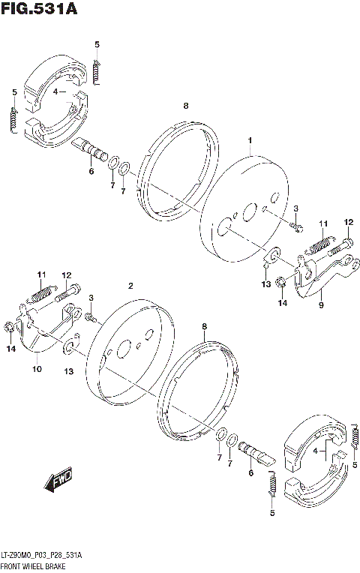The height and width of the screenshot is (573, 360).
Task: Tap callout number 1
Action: [250, 140]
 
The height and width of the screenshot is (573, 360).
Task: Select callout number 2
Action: [130, 286]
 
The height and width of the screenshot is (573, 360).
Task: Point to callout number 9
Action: [320, 305]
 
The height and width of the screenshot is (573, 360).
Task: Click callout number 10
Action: [37, 369]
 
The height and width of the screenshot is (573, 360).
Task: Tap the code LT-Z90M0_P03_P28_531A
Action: [43, 554]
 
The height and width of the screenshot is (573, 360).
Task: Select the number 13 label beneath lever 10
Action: [69, 372]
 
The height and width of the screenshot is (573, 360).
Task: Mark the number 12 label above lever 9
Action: [348, 222]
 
